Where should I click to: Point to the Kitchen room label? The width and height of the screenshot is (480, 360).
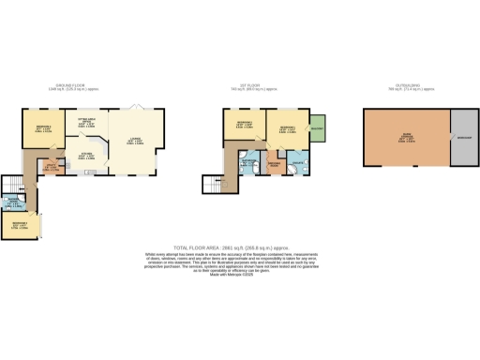85,156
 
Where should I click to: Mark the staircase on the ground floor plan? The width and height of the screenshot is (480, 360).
12,183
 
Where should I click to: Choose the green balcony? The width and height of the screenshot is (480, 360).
316,128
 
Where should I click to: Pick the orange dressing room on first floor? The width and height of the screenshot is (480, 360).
275,166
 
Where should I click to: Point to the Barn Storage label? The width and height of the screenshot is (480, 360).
406,139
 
